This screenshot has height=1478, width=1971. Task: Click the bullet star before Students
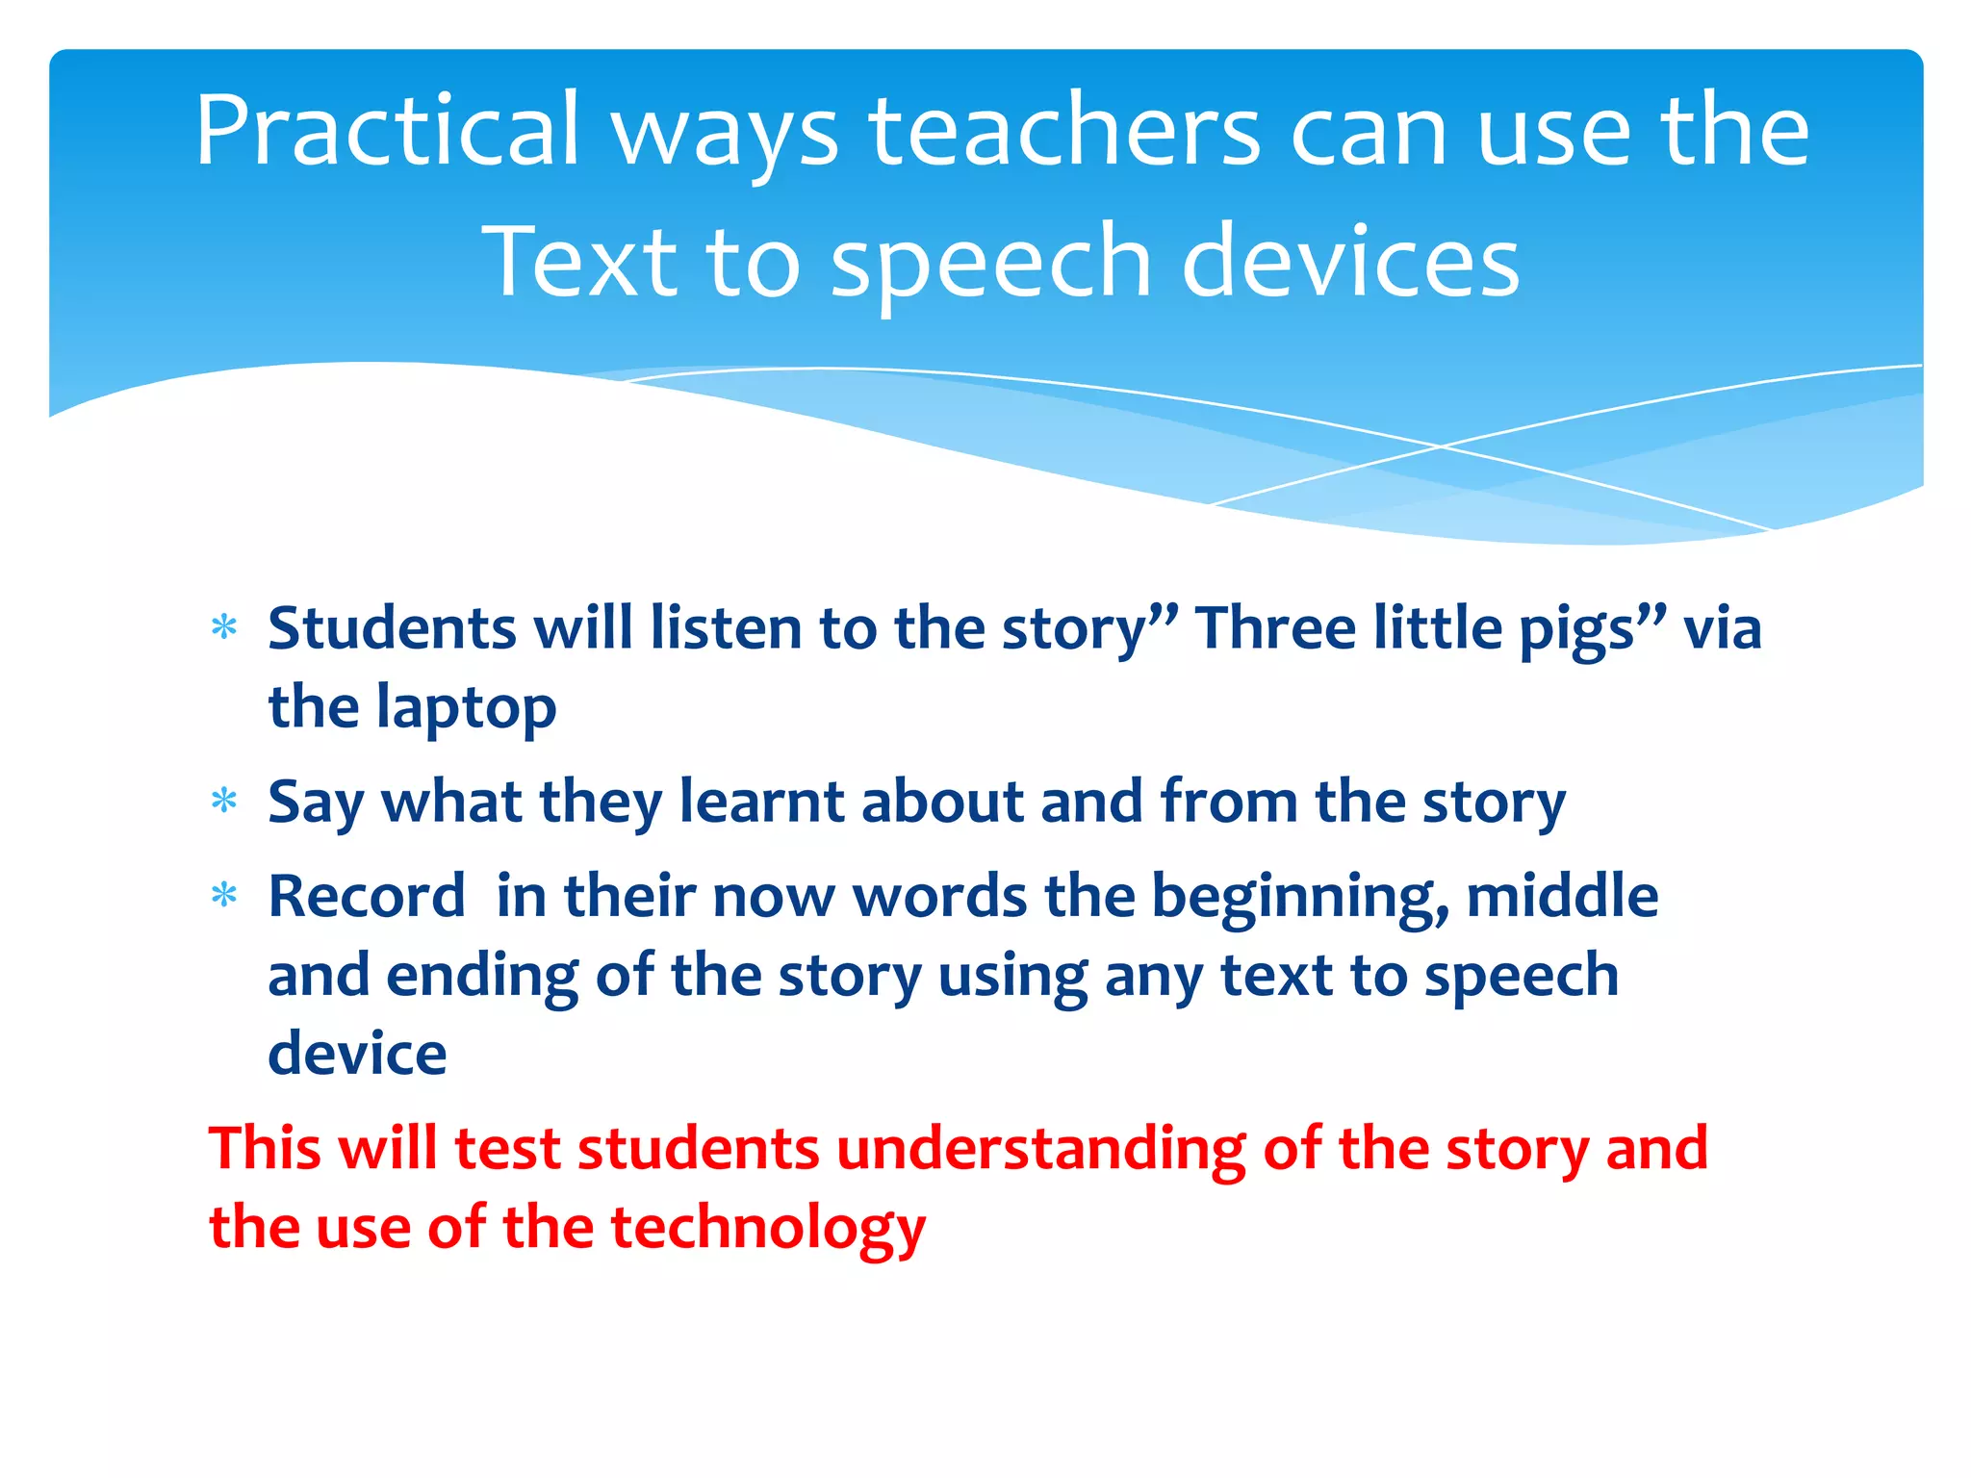click(224, 628)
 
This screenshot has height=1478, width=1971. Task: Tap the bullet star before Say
click(224, 801)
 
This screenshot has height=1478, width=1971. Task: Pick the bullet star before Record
click(224, 896)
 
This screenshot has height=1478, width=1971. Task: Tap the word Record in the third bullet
click(367, 896)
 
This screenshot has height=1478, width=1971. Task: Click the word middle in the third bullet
click(1562, 896)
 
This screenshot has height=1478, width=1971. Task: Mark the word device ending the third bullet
click(357, 1054)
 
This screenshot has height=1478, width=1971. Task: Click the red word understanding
click(1040, 1149)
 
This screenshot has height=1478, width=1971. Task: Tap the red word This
click(264, 1149)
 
